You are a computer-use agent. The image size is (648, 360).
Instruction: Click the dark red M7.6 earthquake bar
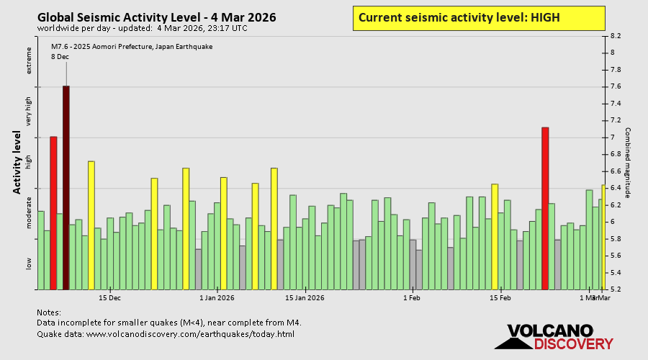pos(66,187)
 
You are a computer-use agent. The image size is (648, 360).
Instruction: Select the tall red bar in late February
pos(545,208)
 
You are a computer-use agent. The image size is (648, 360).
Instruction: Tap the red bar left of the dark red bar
pos(53,212)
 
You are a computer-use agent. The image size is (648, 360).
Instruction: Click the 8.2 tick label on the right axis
pos(616,35)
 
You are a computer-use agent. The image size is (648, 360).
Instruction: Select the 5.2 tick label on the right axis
pos(616,289)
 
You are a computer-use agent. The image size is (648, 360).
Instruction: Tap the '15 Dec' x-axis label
pos(109,297)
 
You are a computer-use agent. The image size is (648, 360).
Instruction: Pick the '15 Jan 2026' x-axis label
pos(305,297)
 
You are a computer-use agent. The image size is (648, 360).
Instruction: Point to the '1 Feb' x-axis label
pos(411,297)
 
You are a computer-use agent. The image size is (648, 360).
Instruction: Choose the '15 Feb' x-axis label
pos(500,297)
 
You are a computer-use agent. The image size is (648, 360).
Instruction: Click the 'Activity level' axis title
pos(17,162)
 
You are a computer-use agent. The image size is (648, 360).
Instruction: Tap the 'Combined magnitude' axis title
pos(628,163)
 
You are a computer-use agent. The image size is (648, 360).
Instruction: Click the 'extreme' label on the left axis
pos(30,60)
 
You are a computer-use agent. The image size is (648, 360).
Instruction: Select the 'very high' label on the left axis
pos(30,112)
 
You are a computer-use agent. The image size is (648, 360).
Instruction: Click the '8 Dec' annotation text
pos(60,57)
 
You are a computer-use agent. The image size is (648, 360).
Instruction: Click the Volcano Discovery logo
pos(550,337)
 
